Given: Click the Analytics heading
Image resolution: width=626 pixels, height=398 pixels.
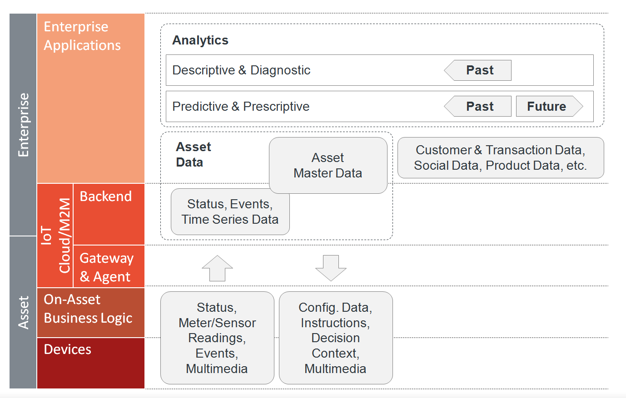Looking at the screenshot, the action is coord(200,40).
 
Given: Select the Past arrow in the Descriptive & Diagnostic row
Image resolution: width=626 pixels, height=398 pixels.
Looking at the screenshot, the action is coord(477,70).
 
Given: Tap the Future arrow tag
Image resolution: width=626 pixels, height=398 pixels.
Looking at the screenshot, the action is coord(549,106).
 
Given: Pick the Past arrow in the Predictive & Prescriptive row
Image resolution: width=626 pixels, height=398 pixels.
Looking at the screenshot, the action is coord(477,106).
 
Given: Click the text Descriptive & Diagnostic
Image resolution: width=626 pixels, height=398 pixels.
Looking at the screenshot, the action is coord(241,70).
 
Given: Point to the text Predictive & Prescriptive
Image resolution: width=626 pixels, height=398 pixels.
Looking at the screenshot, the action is coord(241,106).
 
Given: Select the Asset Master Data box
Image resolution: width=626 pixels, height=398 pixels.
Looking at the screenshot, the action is coord(328,165).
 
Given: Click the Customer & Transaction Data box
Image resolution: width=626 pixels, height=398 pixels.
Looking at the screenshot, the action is coord(501,157).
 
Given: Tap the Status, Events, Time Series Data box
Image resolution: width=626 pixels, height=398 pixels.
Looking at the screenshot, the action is coord(230,211).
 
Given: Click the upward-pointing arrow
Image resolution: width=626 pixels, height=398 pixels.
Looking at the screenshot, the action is coord(217,268).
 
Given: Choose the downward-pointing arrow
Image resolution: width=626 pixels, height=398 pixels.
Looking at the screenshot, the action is coord(331,268).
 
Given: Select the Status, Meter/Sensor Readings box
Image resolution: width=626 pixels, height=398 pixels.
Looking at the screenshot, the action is coord(217,338).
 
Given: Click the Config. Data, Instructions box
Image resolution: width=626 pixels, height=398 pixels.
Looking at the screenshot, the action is coord(336,338).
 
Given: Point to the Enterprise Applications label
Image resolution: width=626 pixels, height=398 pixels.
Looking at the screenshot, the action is coord(82,36).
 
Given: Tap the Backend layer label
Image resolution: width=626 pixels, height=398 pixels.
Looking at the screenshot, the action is coord(106,196).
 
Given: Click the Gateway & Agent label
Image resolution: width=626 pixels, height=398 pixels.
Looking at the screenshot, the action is coord(106,267).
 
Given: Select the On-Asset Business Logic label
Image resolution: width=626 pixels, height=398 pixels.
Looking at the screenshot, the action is coord(88,309).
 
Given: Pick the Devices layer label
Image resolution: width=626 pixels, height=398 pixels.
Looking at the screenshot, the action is coord(67,349).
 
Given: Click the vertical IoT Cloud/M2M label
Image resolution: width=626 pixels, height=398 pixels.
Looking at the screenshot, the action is coord(55,236).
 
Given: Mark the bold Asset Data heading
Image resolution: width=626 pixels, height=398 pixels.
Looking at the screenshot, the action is coord(194,154).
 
